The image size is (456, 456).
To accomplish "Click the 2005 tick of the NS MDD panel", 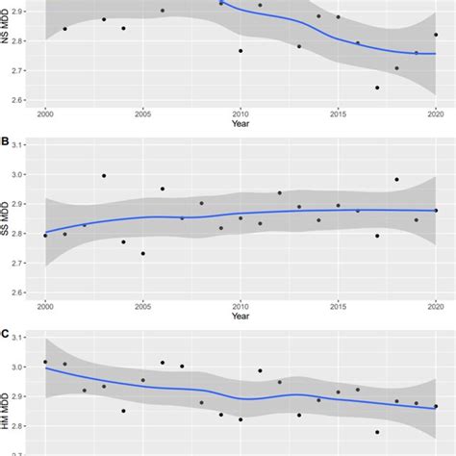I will tap(142, 114).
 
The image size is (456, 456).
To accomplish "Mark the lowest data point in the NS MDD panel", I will tap(377, 88).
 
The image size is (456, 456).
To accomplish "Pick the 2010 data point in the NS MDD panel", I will tap(241, 51).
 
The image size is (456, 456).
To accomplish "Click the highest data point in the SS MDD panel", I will tap(104, 176).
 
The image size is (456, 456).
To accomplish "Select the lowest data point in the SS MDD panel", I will tap(143, 254).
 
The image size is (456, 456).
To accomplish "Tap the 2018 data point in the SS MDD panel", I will tap(396, 179).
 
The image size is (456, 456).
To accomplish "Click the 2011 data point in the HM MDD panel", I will tap(260, 370).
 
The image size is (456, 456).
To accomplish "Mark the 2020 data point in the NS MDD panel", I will tap(436, 35).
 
